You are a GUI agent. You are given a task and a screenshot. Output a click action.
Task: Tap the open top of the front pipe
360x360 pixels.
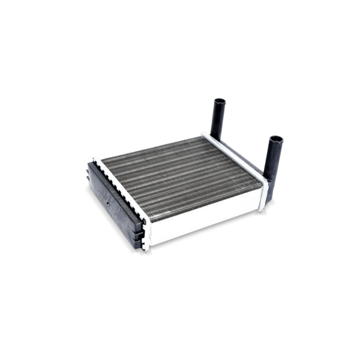(x=277, y=139)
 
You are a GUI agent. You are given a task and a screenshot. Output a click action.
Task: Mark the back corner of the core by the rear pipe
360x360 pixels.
(x=204, y=134)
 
